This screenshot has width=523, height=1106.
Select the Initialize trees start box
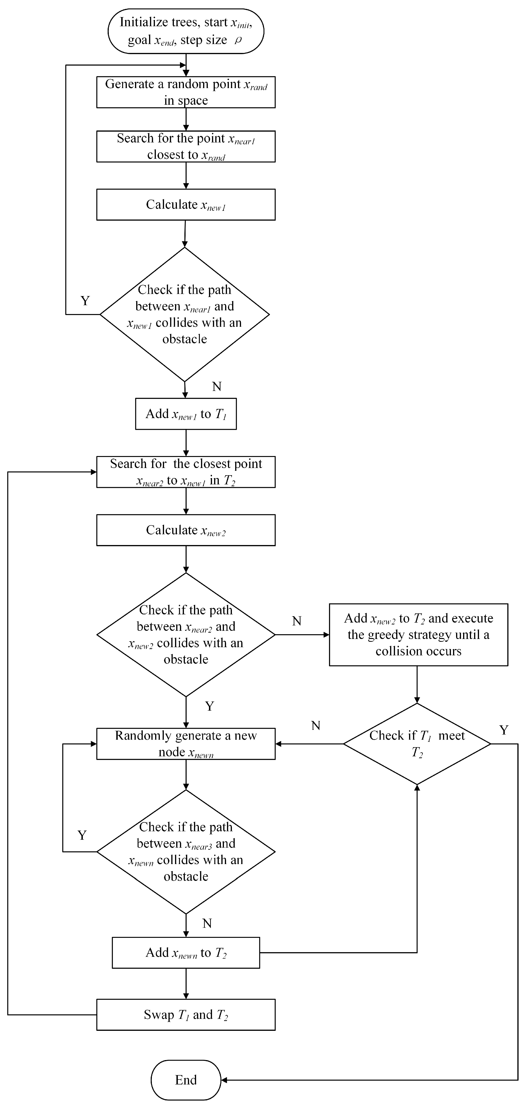pyautogui.click(x=186, y=31)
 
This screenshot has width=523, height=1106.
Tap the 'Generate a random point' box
pyautogui.click(x=186, y=92)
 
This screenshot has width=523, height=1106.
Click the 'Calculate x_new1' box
pyautogui.click(x=186, y=204)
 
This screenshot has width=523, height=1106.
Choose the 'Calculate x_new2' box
pyautogui.click(x=186, y=530)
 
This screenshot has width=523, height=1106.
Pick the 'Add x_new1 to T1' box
pyautogui.click(x=186, y=413)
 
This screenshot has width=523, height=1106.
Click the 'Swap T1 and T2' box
pyautogui.click(x=186, y=1014)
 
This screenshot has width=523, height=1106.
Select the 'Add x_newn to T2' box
pyautogui.click(x=186, y=952)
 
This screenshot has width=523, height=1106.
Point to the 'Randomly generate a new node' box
pyautogui.click(x=186, y=744)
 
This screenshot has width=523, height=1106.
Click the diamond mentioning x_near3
pyautogui.click(x=186, y=851)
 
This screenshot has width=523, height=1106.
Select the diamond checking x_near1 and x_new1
pyautogui.click(x=184, y=314)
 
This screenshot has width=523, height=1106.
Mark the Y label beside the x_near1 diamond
pyautogui.click(x=85, y=301)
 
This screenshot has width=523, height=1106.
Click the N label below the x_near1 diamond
pyautogui.click(x=217, y=386)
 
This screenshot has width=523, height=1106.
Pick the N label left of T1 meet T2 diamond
pyautogui.click(x=316, y=726)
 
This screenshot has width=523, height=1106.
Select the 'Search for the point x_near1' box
pyautogui.click(x=186, y=146)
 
